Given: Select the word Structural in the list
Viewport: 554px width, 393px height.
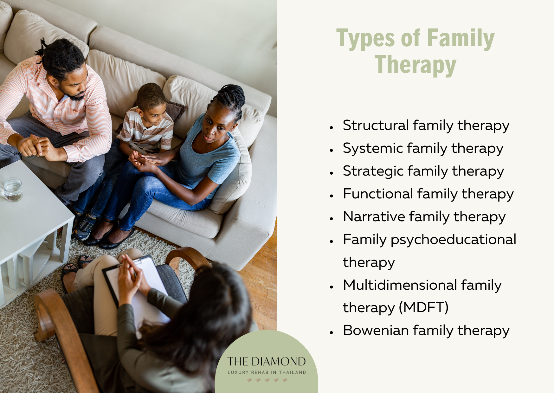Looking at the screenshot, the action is [376, 125].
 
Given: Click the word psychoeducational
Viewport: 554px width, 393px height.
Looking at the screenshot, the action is [453, 240].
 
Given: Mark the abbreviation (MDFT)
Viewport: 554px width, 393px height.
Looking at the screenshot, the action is [424, 307].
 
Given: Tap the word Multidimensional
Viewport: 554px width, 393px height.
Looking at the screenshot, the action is [400, 285].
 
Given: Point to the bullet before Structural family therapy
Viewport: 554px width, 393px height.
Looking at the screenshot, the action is [332, 127].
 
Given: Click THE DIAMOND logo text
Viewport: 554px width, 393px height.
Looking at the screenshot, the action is [266, 362].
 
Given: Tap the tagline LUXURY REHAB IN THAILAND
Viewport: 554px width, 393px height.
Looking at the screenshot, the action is [267, 372].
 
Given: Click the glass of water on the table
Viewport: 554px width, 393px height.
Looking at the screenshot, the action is [13, 190].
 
